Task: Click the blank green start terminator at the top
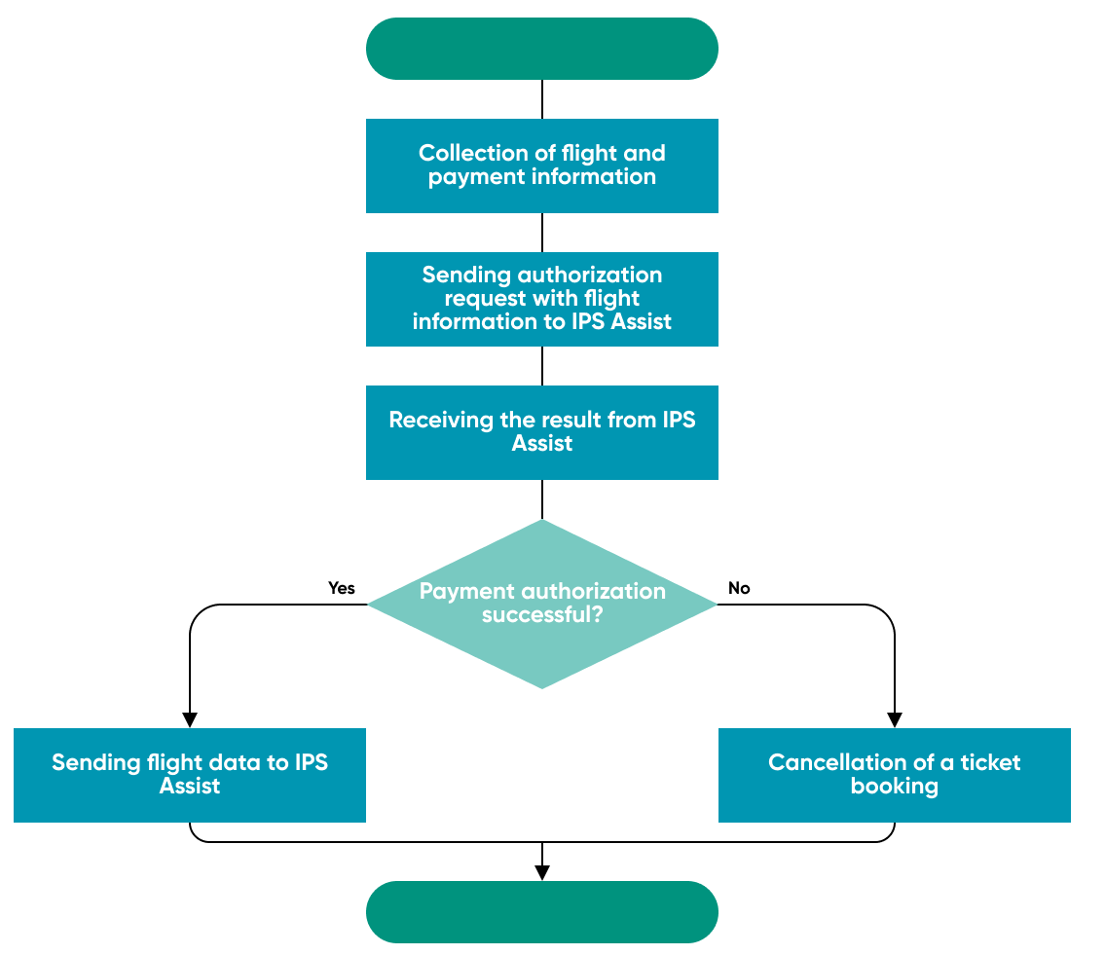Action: (x=541, y=49)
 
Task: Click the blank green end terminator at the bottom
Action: (x=541, y=912)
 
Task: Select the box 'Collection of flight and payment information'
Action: (x=541, y=165)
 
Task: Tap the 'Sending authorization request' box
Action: (x=541, y=299)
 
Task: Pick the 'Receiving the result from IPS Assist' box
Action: (x=541, y=432)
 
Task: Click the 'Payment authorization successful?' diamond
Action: (x=541, y=604)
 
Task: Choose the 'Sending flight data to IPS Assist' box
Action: (x=190, y=775)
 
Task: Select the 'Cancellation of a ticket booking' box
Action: (x=894, y=775)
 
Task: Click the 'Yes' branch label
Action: (x=342, y=588)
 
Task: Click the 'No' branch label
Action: (x=739, y=588)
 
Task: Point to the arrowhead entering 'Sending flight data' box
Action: (x=190, y=720)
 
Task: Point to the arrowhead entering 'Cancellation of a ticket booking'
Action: (x=894, y=720)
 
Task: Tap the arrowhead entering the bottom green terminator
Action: (x=541, y=873)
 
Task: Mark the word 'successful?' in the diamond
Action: (x=542, y=615)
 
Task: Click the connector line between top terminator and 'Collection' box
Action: (x=541, y=99)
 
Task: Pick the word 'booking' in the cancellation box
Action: (x=894, y=787)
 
